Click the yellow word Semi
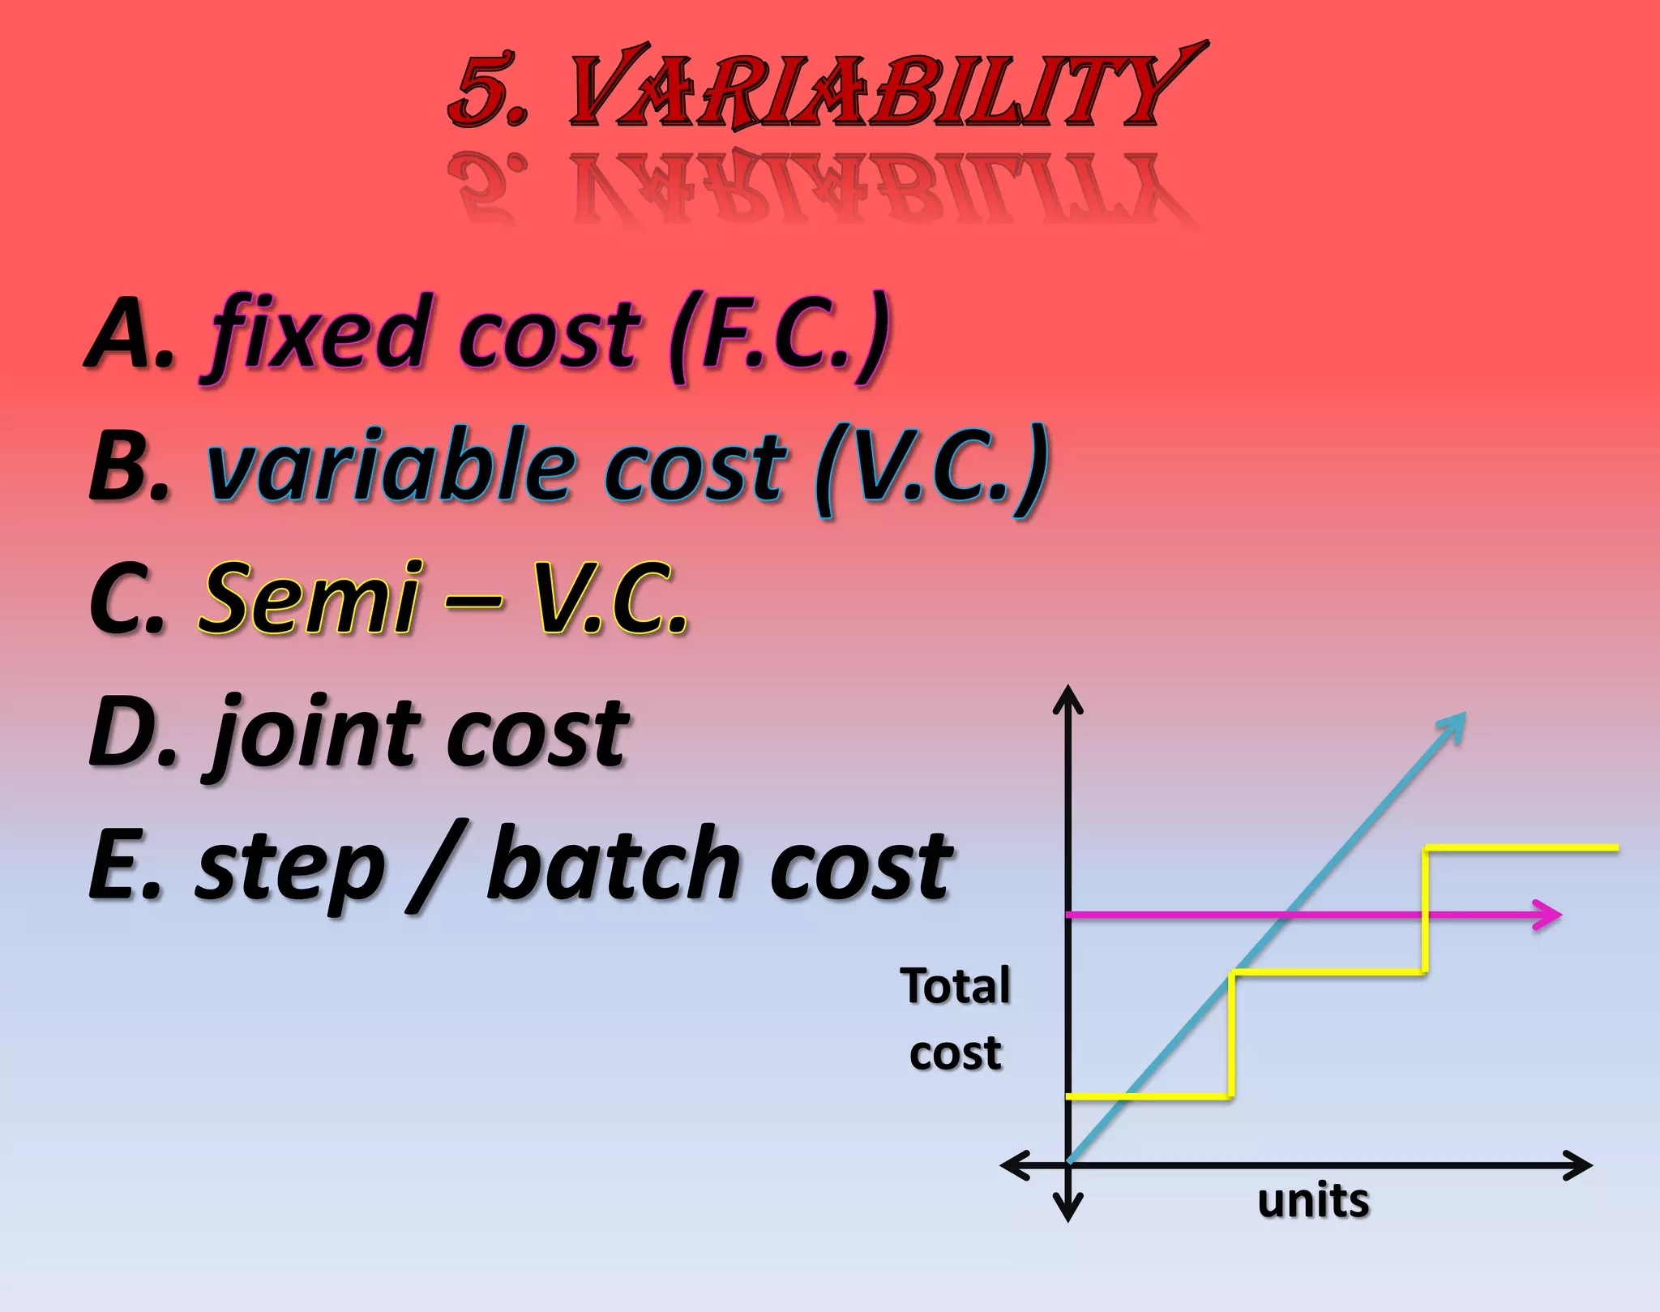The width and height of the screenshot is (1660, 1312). tap(312, 598)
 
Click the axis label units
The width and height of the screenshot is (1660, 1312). tap(1313, 1200)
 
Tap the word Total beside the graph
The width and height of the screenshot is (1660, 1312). tap(956, 986)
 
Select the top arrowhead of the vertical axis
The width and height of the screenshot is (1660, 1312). tap(1067, 699)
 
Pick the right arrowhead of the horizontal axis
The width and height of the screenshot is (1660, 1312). tap(1577, 1165)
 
